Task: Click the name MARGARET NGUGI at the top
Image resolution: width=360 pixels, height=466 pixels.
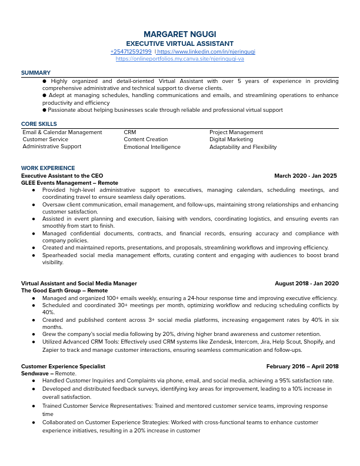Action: point(180,34)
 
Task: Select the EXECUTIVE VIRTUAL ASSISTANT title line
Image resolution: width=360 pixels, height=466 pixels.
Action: point(180,44)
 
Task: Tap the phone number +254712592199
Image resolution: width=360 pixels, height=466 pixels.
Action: point(131,52)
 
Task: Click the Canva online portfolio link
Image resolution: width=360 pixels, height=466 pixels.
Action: point(180,59)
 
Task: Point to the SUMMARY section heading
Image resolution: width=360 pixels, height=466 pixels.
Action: point(36,73)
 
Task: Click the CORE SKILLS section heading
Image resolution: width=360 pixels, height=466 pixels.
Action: point(39,124)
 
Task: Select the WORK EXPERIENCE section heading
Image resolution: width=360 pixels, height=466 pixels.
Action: point(48,168)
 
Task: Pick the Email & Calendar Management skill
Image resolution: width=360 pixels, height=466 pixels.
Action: point(62,132)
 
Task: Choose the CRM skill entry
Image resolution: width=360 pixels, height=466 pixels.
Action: point(130,132)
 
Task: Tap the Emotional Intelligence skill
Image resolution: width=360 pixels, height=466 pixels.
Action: point(152,147)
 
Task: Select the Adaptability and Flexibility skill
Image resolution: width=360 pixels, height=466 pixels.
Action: point(243,147)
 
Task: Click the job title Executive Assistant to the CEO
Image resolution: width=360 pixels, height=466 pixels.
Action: point(62,175)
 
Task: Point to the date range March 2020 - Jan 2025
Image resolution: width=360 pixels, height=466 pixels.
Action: point(305,175)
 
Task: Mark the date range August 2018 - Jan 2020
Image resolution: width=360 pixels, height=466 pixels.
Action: point(306,283)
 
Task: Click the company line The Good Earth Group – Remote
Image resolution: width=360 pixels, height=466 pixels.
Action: point(65,291)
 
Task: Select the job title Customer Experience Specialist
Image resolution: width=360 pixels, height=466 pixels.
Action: point(64,366)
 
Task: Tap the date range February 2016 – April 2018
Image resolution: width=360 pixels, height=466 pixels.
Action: point(302,366)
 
